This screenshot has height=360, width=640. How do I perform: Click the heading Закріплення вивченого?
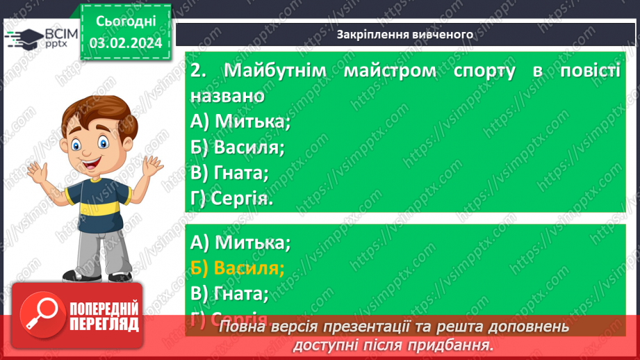(405, 34)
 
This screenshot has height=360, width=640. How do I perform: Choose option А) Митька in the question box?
(240, 121)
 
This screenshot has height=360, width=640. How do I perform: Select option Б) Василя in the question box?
(238, 147)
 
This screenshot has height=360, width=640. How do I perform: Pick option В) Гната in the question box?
(229, 172)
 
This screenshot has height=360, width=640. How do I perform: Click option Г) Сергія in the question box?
(231, 199)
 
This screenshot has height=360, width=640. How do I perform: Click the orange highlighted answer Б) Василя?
(238, 268)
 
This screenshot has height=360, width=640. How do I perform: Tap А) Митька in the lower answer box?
(240, 243)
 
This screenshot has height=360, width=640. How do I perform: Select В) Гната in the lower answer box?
(229, 294)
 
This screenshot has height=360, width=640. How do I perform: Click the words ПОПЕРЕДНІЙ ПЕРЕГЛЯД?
(104, 316)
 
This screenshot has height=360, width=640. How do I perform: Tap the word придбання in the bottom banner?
(455, 345)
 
